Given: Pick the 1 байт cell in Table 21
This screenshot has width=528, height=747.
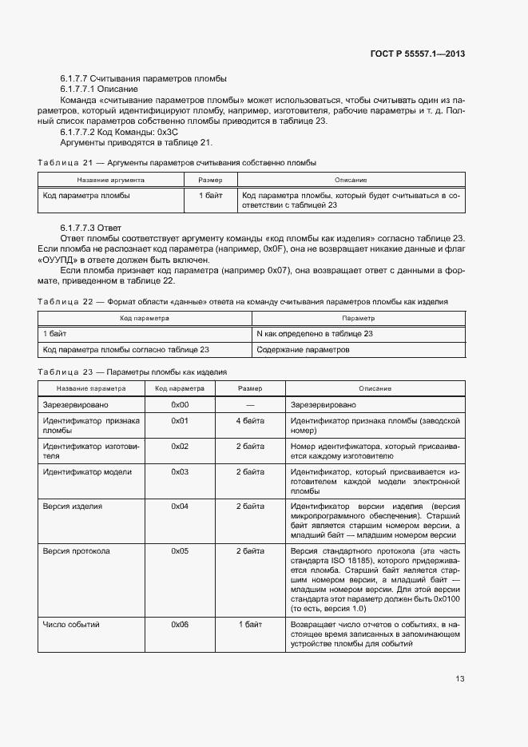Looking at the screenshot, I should click(211, 195).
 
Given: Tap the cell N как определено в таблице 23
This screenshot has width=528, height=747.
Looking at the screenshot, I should click(315, 333).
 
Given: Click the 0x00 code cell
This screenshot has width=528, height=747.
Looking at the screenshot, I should click(180, 405).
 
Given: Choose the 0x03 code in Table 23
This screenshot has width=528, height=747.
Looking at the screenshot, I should click(180, 471).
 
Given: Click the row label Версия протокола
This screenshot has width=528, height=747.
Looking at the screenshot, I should click(77, 550).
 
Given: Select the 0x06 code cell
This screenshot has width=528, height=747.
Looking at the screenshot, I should click(180, 623).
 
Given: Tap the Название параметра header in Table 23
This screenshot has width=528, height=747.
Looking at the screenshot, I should click(91, 388).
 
